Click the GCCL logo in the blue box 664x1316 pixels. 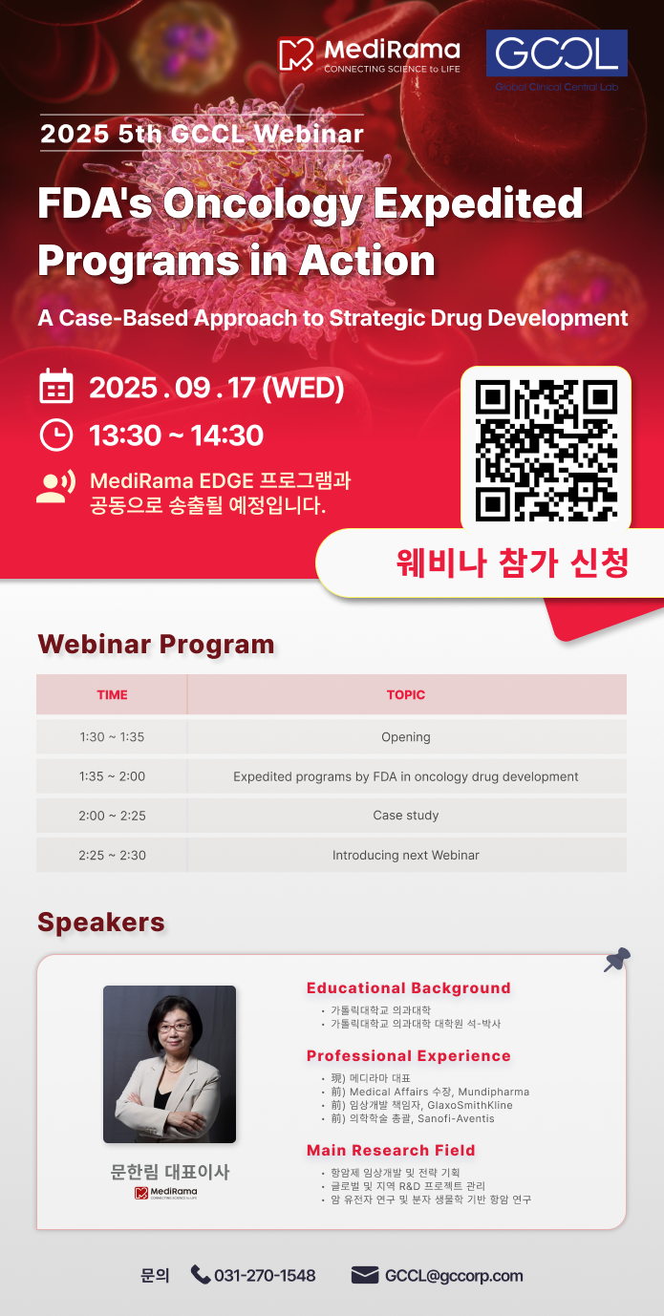click(x=556, y=53)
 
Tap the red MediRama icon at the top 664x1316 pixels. click(x=296, y=54)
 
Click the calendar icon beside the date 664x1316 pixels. click(x=56, y=386)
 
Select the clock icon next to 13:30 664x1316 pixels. click(x=56, y=435)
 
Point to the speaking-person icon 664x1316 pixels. click(x=56, y=486)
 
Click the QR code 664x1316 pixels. click(x=546, y=450)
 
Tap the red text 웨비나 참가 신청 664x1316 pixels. click(x=512, y=562)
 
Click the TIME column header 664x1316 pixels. click(x=112, y=694)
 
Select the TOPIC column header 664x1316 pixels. click(x=406, y=694)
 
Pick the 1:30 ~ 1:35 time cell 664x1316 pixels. click(x=112, y=736)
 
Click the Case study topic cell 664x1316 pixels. click(x=406, y=816)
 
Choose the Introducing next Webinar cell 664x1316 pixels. click(x=406, y=855)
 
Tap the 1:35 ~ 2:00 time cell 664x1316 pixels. click(x=112, y=776)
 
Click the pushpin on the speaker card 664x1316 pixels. click(x=617, y=960)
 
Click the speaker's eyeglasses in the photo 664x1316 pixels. click(x=175, y=1028)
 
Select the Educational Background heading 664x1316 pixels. click(x=408, y=988)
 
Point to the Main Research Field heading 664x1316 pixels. click(x=391, y=1150)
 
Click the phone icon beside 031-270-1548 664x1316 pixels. click(x=201, y=1274)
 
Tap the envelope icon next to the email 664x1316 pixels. click(x=365, y=1275)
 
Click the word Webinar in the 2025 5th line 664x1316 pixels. click(x=309, y=134)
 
